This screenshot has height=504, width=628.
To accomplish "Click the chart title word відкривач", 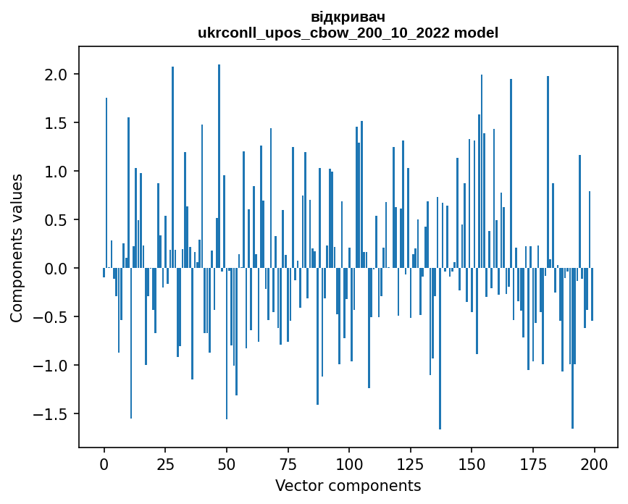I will pyautogui.click(x=348, y=16).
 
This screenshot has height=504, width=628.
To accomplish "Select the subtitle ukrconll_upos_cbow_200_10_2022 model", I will pyautogui.click(x=348, y=33).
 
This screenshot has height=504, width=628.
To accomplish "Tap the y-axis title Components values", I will pyautogui.click(x=16, y=248).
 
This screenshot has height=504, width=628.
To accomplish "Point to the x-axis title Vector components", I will pyautogui.click(x=348, y=485).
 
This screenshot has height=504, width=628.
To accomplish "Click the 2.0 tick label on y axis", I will pyautogui.click(x=56, y=75).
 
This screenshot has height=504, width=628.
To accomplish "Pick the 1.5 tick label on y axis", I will pyautogui.click(x=56, y=123).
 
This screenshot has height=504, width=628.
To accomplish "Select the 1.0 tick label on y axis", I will pyautogui.click(x=56, y=172).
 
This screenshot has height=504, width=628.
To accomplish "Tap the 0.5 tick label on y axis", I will pyautogui.click(x=56, y=220).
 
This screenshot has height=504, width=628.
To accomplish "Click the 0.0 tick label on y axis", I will pyautogui.click(x=56, y=269).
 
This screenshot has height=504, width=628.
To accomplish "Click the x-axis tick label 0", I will pyautogui.click(x=104, y=463).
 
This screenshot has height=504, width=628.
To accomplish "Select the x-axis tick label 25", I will pyautogui.click(x=165, y=463).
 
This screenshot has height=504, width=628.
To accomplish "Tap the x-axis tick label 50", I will pyautogui.click(x=227, y=463).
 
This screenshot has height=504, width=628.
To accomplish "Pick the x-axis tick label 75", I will pyautogui.click(x=288, y=463).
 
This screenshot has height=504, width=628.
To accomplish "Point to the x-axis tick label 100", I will pyautogui.click(x=349, y=463).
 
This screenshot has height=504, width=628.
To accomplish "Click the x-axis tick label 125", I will pyautogui.click(x=410, y=463).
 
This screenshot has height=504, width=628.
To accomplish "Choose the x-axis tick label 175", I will pyautogui.click(x=532, y=463).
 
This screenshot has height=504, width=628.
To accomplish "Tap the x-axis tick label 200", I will pyautogui.click(x=594, y=463).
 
